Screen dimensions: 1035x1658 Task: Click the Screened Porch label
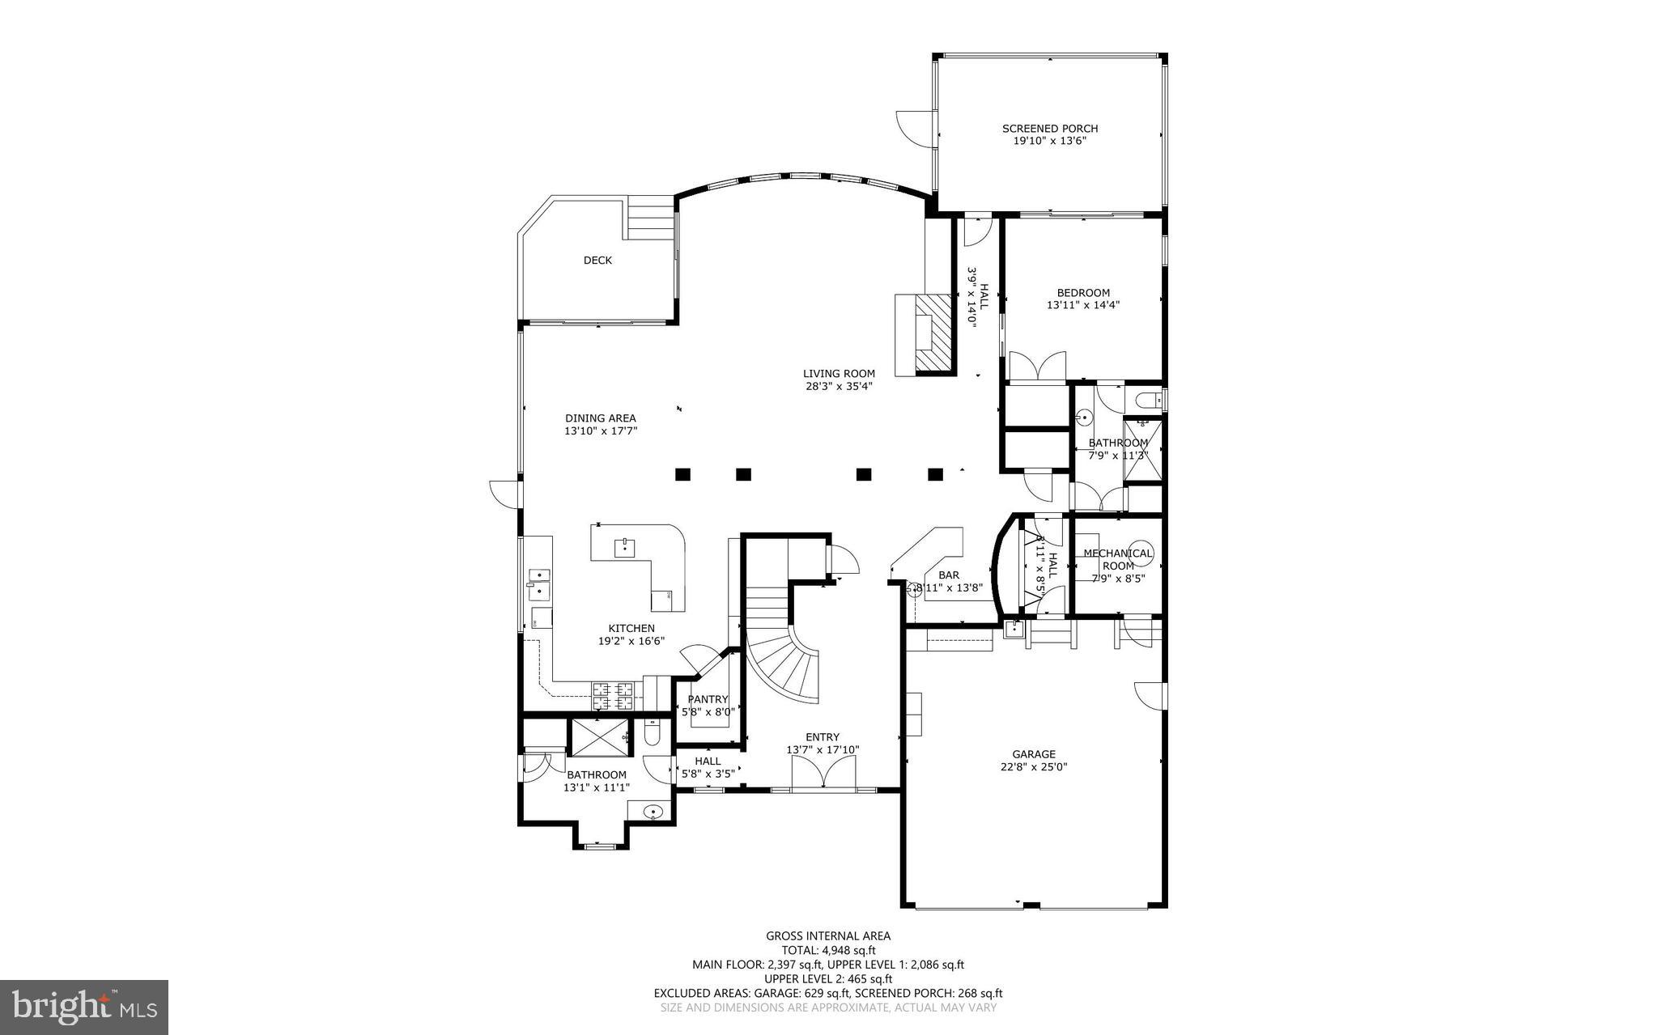(x=1049, y=129)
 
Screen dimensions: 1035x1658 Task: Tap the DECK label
(x=597, y=261)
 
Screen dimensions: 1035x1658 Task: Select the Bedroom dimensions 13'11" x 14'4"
(x=1082, y=305)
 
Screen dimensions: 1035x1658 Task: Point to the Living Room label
(x=839, y=374)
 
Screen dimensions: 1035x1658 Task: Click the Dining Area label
(x=600, y=418)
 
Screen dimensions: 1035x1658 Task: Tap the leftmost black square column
(x=682, y=474)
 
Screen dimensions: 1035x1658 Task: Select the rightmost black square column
(x=936, y=474)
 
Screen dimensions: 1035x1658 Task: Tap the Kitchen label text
(x=631, y=629)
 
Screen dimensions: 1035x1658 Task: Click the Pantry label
(x=708, y=700)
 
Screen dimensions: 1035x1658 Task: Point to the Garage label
(x=1033, y=754)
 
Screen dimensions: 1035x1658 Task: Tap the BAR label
(x=949, y=575)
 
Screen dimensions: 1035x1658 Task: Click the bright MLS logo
(x=84, y=1007)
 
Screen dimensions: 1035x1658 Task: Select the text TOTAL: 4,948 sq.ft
(x=828, y=951)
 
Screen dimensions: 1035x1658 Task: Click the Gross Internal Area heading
(x=828, y=936)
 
